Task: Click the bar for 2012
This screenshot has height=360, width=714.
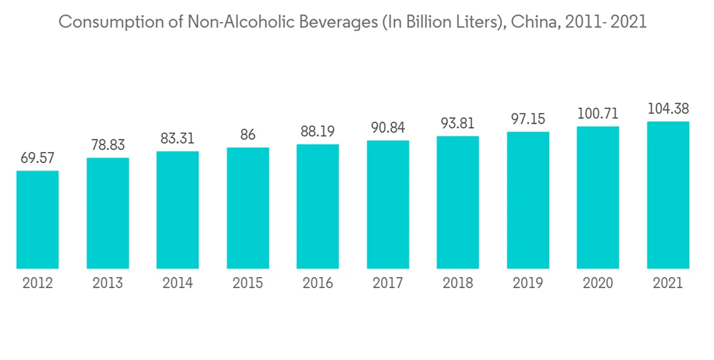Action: click(38, 220)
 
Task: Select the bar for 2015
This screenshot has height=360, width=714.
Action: click(248, 209)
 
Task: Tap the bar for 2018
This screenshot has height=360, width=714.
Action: click(458, 203)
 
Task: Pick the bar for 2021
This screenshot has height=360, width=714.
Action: click(668, 195)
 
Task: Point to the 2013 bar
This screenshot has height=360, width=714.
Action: click(108, 214)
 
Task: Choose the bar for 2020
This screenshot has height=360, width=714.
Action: click(598, 198)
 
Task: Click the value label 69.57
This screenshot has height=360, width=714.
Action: click(38, 157)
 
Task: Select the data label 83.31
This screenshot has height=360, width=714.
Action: click(178, 138)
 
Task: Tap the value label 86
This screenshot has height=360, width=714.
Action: click(248, 134)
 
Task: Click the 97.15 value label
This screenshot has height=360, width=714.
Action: click(528, 119)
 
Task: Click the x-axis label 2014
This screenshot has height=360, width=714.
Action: click(178, 284)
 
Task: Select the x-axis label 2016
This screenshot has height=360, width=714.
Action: click(318, 284)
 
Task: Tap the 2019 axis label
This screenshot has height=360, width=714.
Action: click(528, 284)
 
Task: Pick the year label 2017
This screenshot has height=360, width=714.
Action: click(388, 284)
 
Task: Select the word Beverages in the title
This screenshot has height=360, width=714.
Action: click(331, 22)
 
